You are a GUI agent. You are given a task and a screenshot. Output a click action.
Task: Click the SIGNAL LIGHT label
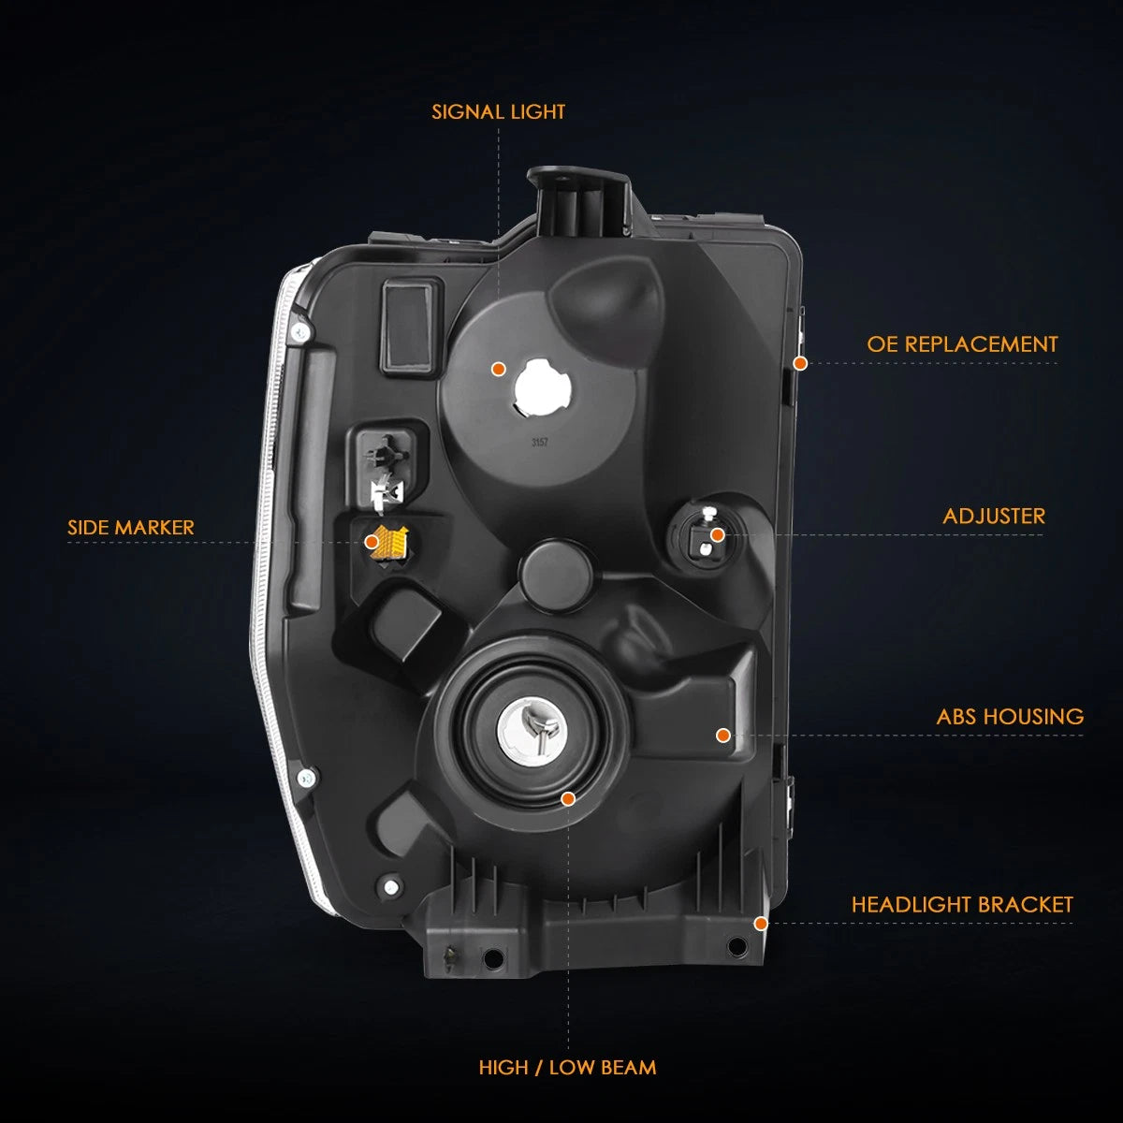tap(498, 112)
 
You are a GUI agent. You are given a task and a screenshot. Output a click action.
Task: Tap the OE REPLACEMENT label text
tap(962, 344)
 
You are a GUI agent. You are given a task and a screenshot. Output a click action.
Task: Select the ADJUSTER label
tap(994, 517)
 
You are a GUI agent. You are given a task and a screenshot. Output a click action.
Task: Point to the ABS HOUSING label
tap(1010, 717)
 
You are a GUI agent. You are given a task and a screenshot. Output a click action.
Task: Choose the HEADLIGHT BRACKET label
tap(962, 905)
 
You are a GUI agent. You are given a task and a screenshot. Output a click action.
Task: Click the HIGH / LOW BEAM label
tap(568, 1068)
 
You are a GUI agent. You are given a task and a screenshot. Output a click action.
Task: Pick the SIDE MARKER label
tap(130, 528)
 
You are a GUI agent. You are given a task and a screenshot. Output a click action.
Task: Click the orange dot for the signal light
tap(498, 369)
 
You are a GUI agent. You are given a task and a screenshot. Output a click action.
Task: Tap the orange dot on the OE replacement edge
tap(801, 364)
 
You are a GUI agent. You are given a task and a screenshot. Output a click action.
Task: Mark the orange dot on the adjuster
tap(718, 535)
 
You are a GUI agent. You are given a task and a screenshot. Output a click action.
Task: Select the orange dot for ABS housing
tap(723, 736)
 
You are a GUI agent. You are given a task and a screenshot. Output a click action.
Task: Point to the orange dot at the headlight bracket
tap(761, 924)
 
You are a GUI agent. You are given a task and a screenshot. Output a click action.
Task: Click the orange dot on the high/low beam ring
tap(568, 798)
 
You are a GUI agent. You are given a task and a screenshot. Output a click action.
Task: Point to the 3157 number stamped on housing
tap(540, 443)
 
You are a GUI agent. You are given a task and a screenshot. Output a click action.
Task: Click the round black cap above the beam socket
tap(555, 574)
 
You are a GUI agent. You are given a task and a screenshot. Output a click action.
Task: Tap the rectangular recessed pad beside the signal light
tap(410, 327)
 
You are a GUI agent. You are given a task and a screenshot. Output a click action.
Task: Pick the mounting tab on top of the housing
tap(580, 201)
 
